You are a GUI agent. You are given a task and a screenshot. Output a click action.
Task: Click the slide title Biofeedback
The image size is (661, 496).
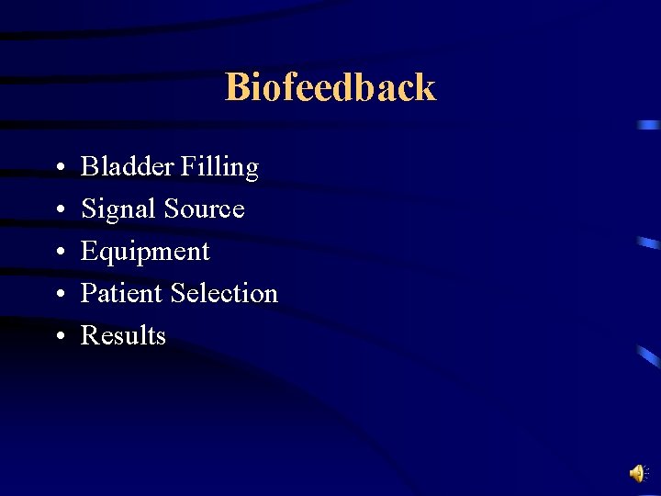(330, 87)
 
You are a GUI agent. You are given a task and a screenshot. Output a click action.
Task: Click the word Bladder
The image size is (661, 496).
(127, 167)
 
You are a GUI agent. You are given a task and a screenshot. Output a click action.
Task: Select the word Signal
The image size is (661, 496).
(118, 210)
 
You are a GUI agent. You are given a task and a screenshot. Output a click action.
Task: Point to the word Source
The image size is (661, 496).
(204, 209)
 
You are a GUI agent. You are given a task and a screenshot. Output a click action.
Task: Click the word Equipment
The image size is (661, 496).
(145, 253)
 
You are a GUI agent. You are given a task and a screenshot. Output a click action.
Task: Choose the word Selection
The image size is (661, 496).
(224, 293)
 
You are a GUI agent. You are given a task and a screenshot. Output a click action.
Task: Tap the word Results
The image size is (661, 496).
(123, 335)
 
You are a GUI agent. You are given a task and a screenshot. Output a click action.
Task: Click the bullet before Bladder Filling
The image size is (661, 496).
(58, 169)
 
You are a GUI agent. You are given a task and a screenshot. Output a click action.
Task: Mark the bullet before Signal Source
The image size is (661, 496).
(58, 211)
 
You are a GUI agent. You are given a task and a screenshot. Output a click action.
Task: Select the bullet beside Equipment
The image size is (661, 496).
(58, 254)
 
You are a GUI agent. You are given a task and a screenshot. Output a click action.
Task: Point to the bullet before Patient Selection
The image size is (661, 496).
(58, 295)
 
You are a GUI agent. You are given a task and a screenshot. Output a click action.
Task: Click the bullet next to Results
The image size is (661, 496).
(58, 337)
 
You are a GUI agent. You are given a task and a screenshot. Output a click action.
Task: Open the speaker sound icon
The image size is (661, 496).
(638, 473)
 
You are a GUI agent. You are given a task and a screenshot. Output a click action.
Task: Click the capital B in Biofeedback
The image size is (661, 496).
(237, 87)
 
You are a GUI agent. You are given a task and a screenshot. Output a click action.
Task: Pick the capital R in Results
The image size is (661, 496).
(90, 335)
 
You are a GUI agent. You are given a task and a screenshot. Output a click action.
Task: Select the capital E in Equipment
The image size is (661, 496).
(89, 252)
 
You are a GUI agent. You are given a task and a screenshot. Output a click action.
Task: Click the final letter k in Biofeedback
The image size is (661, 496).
(425, 87)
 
